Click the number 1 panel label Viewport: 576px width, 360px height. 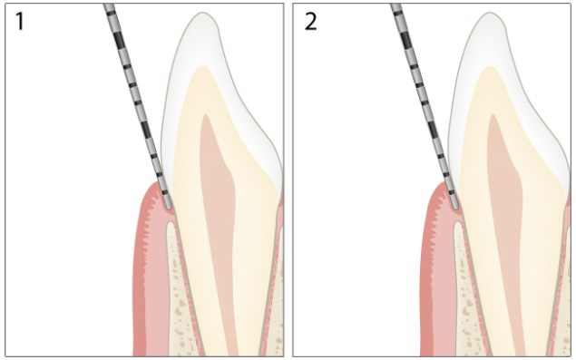(x=20, y=21)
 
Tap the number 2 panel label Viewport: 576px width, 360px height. (x=311, y=21)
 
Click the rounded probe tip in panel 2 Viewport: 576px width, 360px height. (x=455, y=208)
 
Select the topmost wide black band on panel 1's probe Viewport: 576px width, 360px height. (x=120, y=41)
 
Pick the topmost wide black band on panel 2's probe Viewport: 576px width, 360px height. (x=405, y=41)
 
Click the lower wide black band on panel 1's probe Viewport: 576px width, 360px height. (x=146, y=130)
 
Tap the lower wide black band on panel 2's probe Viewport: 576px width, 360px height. (x=433, y=130)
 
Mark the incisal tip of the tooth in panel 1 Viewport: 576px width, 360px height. (x=202, y=13)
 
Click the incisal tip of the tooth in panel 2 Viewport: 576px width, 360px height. (x=490, y=13)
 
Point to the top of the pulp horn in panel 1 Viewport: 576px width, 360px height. (x=206, y=114)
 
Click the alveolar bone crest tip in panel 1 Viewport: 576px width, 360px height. (x=171, y=222)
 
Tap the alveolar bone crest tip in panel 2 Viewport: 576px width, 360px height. (x=458, y=222)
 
